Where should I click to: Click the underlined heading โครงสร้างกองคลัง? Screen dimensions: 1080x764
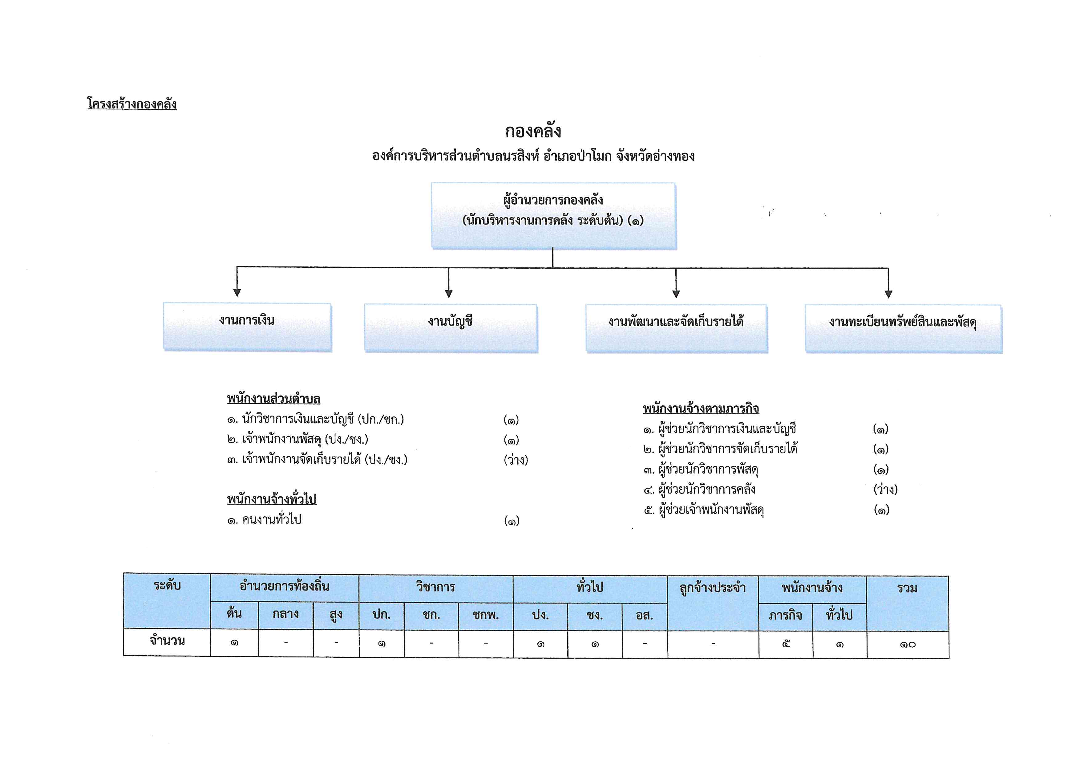coord(132,104)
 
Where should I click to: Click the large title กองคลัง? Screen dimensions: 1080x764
coord(533,131)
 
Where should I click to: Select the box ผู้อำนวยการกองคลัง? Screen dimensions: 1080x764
coord(554,216)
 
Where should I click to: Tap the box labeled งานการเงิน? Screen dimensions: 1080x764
coord(247,327)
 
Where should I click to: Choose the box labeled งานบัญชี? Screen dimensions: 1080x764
coord(451,328)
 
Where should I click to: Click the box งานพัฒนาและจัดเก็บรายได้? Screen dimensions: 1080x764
coord(676,328)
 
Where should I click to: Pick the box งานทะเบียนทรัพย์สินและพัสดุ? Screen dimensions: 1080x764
coord(904,329)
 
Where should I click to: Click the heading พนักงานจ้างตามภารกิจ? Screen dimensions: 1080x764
coord(701,408)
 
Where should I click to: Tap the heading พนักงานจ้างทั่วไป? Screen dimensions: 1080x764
coord(272,499)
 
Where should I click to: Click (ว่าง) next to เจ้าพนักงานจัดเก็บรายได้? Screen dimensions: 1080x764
coord(516,460)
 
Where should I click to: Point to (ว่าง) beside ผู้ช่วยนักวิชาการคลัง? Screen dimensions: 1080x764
coord(886,489)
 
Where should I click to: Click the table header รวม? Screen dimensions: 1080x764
coord(907,588)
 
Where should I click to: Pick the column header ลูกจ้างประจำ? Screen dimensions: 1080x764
coord(713,588)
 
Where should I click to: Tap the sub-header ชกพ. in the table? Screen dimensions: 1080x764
coord(485,615)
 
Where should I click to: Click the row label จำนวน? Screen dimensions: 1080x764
coord(167,641)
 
